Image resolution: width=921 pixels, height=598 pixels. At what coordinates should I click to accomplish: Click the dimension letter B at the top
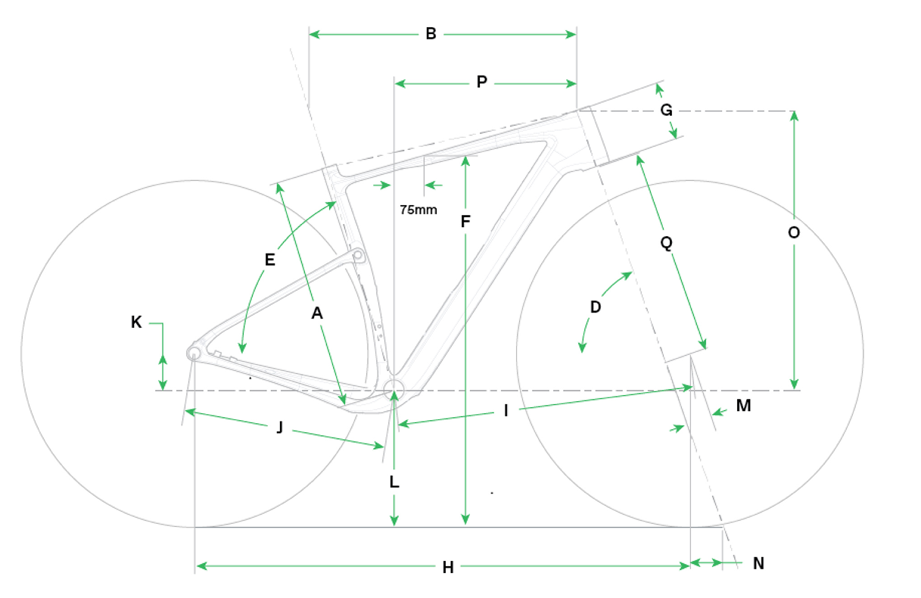tap(431, 34)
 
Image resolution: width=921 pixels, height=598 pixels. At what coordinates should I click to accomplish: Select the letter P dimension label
tap(482, 83)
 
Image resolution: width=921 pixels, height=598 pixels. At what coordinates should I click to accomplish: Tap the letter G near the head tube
tap(667, 111)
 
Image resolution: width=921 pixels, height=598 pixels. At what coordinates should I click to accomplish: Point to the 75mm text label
tap(418, 210)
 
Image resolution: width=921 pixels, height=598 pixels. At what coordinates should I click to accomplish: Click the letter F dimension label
tap(465, 222)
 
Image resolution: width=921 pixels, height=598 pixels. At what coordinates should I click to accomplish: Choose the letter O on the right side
tap(793, 233)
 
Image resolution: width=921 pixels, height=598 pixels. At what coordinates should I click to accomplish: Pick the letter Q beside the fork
tap(667, 243)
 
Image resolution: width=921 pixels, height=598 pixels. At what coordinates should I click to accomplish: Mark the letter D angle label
tap(596, 307)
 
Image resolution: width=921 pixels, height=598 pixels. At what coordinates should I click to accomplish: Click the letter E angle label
tap(269, 260)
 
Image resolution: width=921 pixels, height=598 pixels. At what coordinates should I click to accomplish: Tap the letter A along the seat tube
tap(317, 313)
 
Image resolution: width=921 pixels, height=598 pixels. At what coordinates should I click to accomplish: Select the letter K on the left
tap(136, 322)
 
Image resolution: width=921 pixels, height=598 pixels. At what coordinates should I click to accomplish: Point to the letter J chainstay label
tap(279, 428)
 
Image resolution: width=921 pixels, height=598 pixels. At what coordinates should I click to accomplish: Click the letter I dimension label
tap(506, 411)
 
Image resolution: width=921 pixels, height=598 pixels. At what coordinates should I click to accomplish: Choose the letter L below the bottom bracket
tap(394, 482)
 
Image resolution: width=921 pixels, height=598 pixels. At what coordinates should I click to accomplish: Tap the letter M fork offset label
tap(743, 406)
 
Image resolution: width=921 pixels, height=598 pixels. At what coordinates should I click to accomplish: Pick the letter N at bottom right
tap(759, 563)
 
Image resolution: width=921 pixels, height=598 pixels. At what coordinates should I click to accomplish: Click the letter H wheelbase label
tap(447, 567)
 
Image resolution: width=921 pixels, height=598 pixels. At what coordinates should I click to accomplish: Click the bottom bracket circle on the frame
tap(394, 390)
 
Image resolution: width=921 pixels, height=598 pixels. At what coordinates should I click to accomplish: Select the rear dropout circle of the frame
tap(194, 353)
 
